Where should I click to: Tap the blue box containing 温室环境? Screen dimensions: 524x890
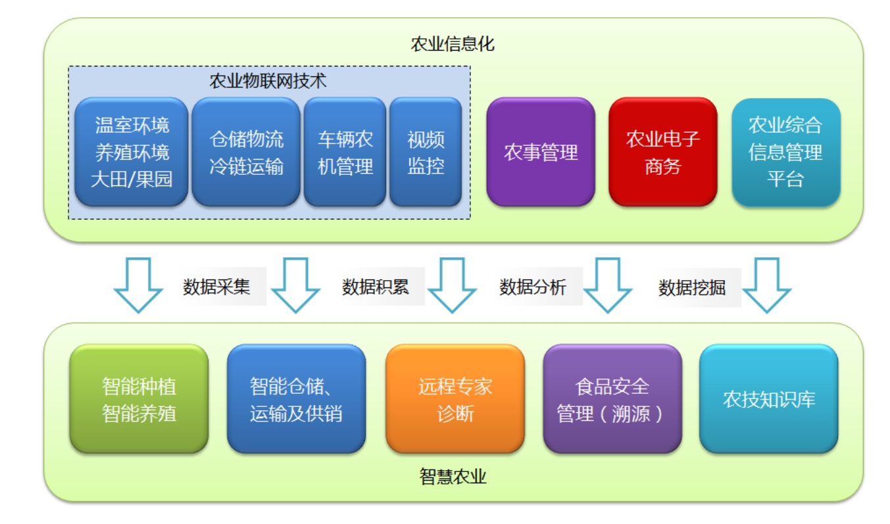(132, 152)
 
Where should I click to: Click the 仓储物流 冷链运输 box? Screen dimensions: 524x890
(246, 152)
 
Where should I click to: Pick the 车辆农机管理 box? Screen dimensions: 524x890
(345, 152)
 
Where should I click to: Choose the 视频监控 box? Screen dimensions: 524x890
(426, 152)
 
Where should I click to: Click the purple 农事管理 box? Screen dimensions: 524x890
(541, 153)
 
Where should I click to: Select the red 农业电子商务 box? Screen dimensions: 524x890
(662, 153)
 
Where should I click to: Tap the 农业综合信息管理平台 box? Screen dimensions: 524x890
(785, 153)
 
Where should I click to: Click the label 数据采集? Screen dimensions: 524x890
(216, 287)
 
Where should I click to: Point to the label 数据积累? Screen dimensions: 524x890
(375, 287)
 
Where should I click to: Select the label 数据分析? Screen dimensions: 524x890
(533, 287)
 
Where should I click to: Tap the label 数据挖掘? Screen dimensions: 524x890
(692, 287)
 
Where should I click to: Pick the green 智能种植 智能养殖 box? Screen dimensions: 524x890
(139, 399)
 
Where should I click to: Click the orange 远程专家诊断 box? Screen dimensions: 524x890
(455, 399)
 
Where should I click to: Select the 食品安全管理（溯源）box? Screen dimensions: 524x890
(612, 399)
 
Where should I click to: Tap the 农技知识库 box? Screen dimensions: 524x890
(769, 399)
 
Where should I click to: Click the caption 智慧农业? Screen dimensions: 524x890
(453, 477)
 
